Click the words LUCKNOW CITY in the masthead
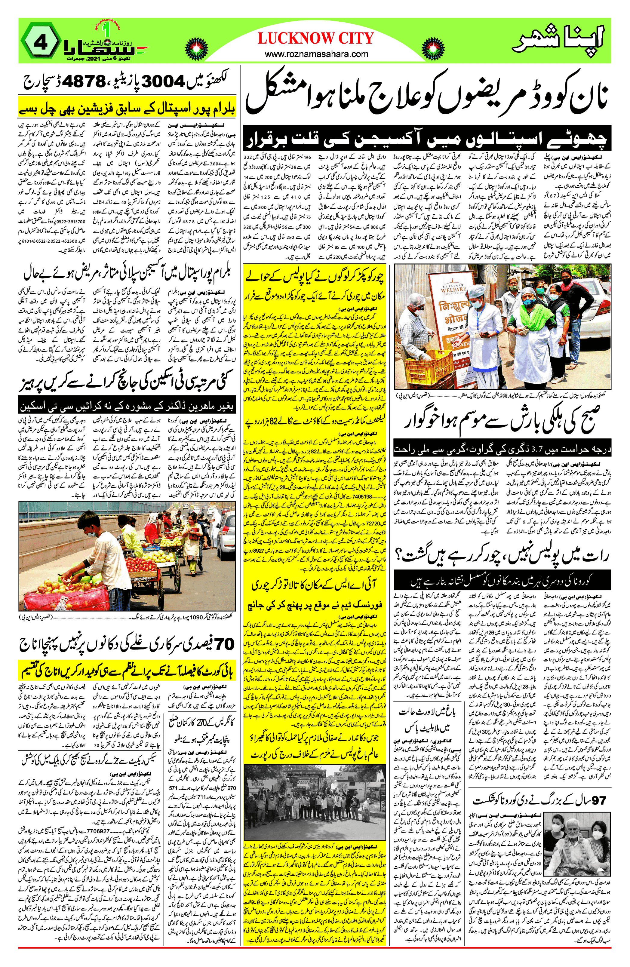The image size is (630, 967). pos(315,38)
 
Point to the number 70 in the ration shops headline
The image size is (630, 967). pos(223,644)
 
